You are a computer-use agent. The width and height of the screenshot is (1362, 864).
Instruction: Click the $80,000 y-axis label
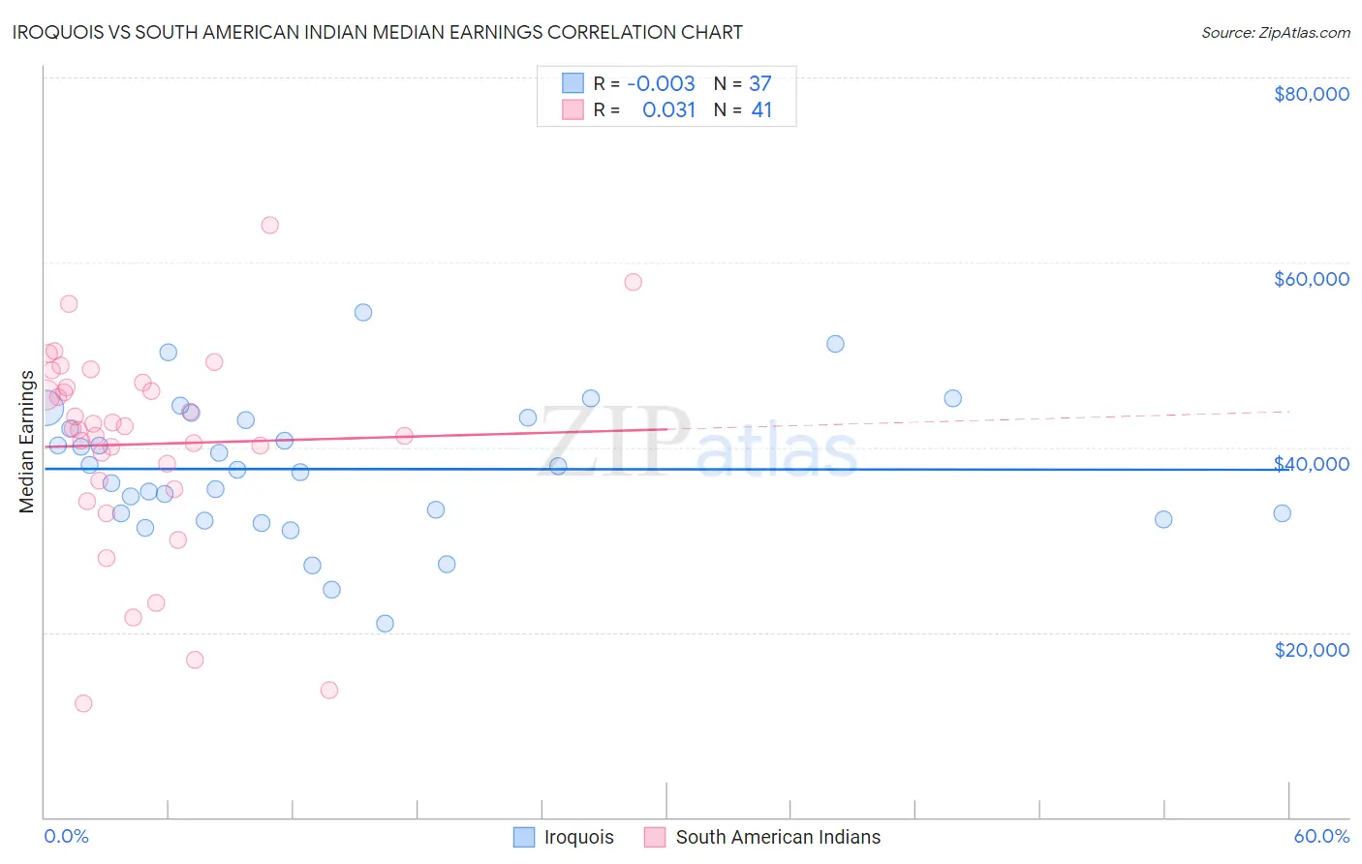[x=1311, y=94]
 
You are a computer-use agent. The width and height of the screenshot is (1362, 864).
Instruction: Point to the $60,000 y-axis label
[x=1311, y=279]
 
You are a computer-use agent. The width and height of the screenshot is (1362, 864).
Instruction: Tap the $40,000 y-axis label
[x=1311, y=464]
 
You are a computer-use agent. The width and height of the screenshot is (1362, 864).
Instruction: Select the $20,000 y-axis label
[x=1311, y=650]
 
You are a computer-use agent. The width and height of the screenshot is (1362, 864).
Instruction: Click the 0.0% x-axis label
[x=66, y=836]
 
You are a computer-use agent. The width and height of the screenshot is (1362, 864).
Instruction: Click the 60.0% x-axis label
[x=1321, y=836]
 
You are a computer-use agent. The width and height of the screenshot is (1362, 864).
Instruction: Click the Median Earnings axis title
[x=26, y=442]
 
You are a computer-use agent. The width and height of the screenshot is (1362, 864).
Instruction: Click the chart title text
[x=378, y=32]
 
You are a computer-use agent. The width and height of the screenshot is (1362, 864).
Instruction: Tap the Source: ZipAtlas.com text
[x=1275, y=32]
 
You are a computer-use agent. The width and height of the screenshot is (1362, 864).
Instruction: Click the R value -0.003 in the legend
[x=661, y=83]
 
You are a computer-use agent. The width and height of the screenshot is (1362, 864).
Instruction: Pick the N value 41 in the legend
[x=761, y=109]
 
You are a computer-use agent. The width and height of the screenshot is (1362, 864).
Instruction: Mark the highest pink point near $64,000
[x=270, y=226]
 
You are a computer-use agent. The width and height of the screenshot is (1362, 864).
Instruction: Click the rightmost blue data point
[x=1282, y=513]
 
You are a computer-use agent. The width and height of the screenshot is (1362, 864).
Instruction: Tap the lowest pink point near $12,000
[x=83, y=703]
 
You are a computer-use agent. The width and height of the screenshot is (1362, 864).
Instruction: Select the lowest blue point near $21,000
[x=385, y=624]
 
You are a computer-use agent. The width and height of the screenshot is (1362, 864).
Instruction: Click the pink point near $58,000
[x=633, y=282]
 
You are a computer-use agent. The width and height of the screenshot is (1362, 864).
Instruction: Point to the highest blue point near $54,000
[x=363, y=312]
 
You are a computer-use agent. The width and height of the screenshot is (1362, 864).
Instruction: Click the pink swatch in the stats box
[x=573, y=109]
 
